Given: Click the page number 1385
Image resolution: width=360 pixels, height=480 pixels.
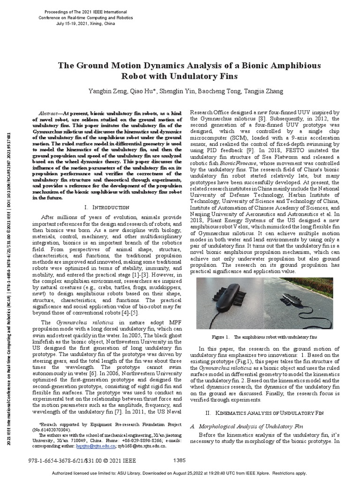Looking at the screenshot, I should click(180, 460).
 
